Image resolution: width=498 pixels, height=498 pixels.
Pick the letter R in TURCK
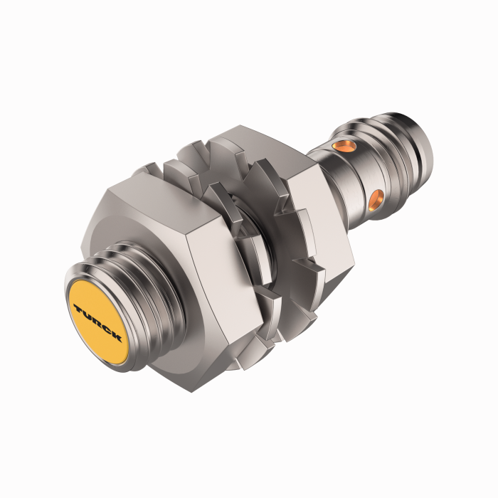[x=97, y=322]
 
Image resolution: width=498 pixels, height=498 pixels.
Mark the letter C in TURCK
[x=107, y=329]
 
